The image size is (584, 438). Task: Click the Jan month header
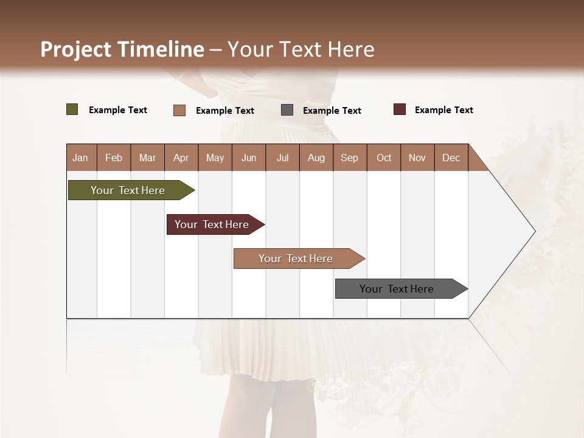(81, 158)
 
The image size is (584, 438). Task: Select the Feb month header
(114, 158)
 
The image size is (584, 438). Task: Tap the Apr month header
(181, 158)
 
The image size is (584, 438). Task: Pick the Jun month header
(248, 158)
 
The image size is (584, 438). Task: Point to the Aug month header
(316, 158)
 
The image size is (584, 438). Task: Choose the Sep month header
(349, 158)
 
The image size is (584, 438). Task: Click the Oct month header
(383, 158)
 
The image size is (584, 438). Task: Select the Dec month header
(451, 158)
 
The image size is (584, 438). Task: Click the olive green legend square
(72, 109)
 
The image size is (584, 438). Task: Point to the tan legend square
(179, 110)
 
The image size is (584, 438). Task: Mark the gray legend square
(287, 110)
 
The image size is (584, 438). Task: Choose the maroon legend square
(400, 109)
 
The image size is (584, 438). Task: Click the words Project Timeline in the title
(122, 49)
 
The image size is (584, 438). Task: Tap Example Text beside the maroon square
(443, 110)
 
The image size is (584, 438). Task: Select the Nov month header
(417, 158)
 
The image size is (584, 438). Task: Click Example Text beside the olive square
(117, 110)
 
